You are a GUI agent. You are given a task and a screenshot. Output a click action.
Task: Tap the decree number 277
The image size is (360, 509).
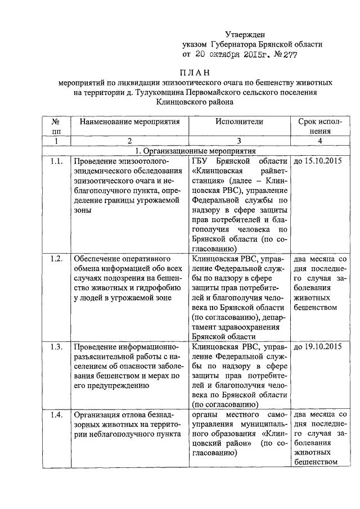[287, 55]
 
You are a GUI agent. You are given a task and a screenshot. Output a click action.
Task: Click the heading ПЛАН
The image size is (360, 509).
[194, 72]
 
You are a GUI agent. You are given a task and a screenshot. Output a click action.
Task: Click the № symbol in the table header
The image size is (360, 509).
[56, 121]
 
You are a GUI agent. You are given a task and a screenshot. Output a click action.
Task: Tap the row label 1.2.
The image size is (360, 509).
[56, 258]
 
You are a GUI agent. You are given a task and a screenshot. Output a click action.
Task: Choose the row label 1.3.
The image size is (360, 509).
[56, 345]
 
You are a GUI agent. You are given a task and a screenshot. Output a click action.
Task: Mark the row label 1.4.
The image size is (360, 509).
[56, 415]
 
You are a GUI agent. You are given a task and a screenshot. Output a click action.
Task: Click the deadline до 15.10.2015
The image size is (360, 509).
[318, 161]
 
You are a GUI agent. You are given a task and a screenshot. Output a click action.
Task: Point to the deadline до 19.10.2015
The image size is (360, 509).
[318, 345]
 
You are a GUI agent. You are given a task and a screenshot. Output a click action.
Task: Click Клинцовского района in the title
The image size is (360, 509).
[194, 102]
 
